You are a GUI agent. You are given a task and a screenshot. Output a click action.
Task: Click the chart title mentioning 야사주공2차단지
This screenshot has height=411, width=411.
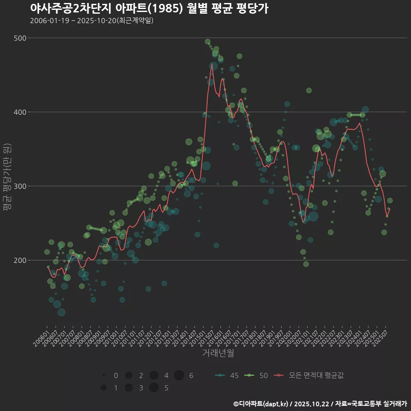point(149,9)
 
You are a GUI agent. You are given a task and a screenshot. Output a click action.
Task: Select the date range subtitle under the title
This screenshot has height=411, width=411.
point(92,21)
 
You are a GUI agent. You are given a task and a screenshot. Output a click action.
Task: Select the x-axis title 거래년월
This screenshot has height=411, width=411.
point(218,353)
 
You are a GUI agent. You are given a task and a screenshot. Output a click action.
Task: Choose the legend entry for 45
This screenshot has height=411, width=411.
point(227,375)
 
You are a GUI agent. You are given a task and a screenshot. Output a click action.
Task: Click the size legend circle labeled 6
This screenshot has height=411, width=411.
point(179,375)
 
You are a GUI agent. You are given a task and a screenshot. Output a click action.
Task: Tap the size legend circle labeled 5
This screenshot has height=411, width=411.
point(154,388)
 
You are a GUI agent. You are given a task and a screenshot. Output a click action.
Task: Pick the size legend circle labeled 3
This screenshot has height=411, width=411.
point(128,388)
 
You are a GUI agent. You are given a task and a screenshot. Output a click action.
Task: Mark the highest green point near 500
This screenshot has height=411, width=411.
point(208,42)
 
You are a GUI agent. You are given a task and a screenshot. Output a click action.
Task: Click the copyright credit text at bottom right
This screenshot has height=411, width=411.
point(320,404)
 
